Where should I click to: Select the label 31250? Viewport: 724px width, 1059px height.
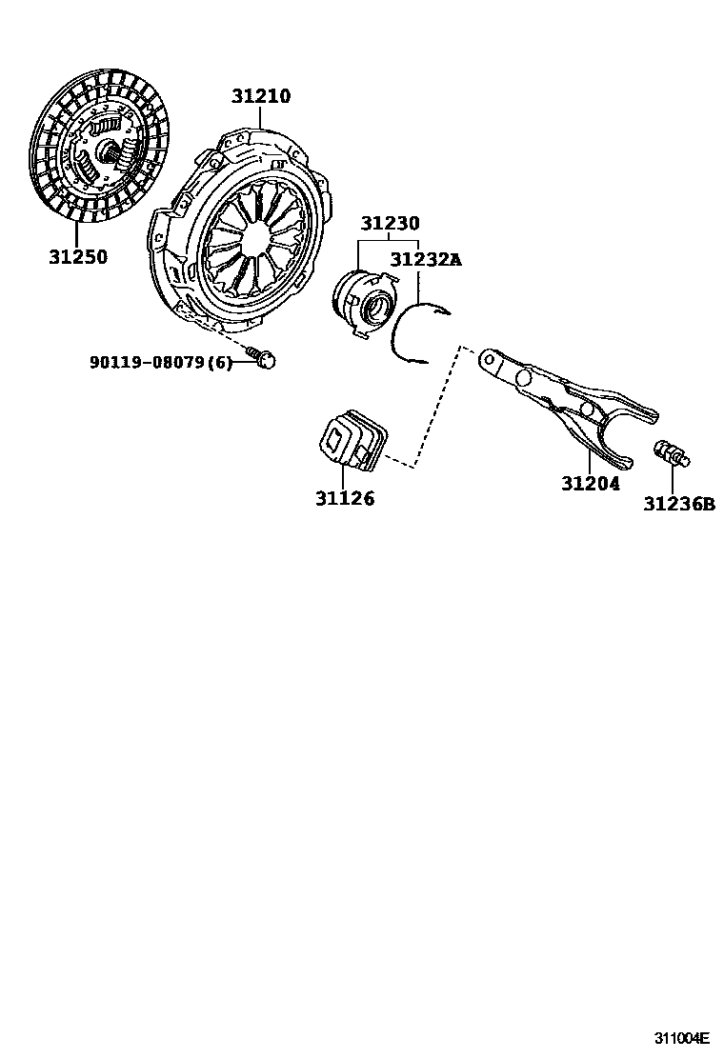coord(78,256)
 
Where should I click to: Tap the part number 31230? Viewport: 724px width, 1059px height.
coord(390,224)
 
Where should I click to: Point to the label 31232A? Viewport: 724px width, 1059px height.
coord(425,258)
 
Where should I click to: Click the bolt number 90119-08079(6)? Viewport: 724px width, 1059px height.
coord(161,362)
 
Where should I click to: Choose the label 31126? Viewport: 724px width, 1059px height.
coord(345,498)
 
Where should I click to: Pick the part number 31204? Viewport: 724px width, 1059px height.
coord(590,483)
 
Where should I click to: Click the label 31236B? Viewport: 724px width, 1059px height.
coord(678,504)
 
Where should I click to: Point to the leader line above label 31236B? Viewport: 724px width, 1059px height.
coord(674,479)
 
